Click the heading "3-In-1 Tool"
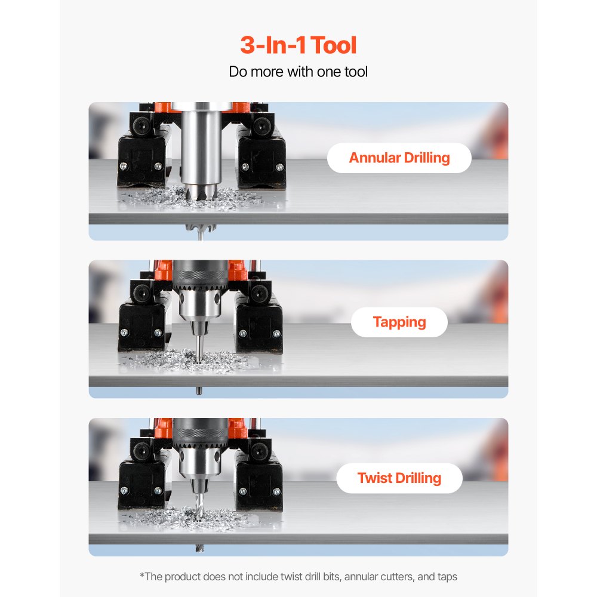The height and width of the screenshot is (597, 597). click(x=298, y=46)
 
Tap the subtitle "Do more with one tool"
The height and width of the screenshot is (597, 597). click(x=298, y=72)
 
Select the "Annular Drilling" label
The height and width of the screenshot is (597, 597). click(x=399, y=158)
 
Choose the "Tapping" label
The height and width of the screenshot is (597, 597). click(x=399, y=322)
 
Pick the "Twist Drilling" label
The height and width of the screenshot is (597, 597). click(x=399, y=478)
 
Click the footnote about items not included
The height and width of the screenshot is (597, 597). click(x=298, y=577)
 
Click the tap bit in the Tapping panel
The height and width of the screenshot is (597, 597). click(x=198, y=346)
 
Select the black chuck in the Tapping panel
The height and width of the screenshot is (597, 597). click(x=198, y=280)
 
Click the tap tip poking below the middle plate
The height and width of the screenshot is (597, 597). click(x=198, y=391)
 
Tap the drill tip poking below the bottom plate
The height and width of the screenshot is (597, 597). click(x=198, y=548)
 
